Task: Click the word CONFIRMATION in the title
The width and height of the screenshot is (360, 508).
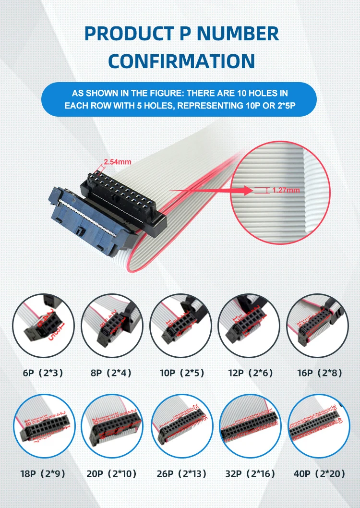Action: pos(181,61)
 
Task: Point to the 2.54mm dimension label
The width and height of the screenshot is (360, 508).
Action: pos(118,162)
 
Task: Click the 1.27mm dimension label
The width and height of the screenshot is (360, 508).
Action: pos(286,190)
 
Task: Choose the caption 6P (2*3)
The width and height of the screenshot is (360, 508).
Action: pos(43,372)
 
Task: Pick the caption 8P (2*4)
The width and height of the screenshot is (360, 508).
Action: pos(111,372)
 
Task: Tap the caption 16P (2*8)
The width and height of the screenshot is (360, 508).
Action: pos(316,372)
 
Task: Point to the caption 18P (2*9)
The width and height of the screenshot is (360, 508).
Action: pos(43,473)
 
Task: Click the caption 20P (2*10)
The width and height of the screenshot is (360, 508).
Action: pos(111,473)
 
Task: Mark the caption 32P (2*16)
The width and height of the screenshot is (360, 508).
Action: pos(248,473)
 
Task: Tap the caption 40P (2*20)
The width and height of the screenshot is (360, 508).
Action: pos(316,473)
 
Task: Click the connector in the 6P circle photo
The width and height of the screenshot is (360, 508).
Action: pos(43,327)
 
